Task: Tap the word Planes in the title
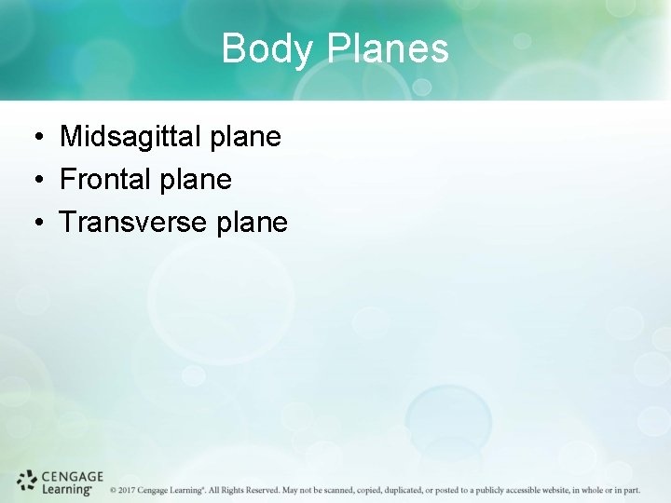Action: pos(387,48)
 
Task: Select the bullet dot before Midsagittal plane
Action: pos(34,139)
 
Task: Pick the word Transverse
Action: pos(133,222)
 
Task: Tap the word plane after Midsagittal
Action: pos(245,138)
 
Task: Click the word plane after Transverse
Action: pos(252,223)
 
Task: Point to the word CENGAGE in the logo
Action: pos(73,476)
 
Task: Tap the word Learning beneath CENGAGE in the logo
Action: pos(67,488)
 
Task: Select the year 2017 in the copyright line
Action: pos(128,490)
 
